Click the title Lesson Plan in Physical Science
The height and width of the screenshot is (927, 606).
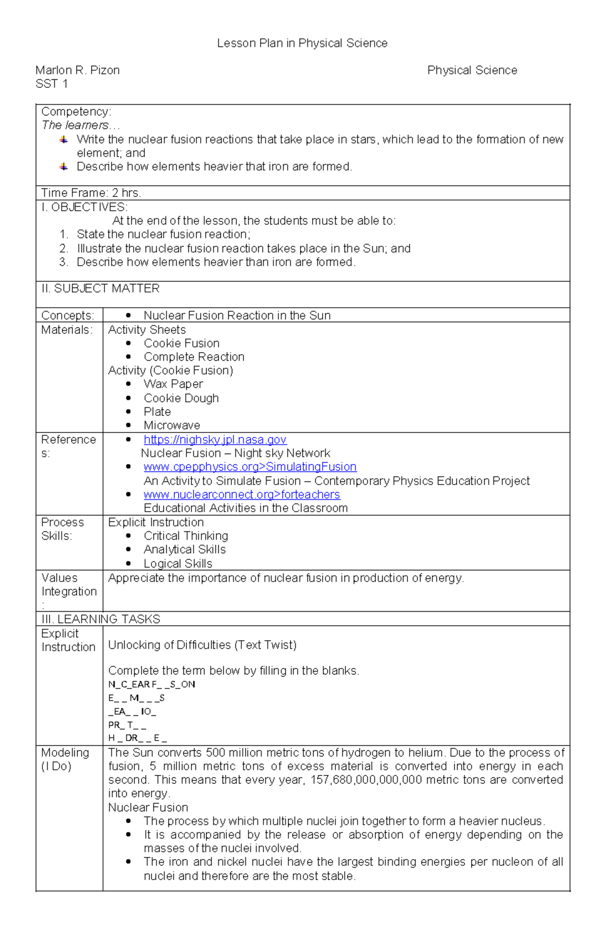click(x=302, y=43)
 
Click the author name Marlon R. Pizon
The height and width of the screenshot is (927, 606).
click(x=77, y=70)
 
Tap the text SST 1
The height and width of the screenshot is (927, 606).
click(x=52, y=84)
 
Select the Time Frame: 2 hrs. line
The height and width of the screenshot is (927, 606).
click(x=91, y=193)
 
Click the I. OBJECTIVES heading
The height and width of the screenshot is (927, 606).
click(x=84, y=207)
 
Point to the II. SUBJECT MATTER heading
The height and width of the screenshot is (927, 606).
click(x=100, y=288)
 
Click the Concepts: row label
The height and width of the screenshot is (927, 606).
click(x=68, y=315)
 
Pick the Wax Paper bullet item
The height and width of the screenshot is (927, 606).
click(x=173, y=384)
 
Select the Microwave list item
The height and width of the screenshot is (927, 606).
click(x=172, y=425)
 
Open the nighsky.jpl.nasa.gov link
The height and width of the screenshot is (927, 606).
click(x=215, y=440)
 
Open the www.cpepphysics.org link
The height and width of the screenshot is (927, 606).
click(x=250, y=467)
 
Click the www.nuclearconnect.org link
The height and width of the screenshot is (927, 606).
click(x=241, y=495)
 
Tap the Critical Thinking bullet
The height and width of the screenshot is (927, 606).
click(x=185, y=535)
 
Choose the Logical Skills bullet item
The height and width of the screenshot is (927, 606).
click(x=178, y=563)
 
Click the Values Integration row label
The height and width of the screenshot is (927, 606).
click(x=69, y=584)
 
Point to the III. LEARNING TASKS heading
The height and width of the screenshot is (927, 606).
click(x=100, y=619)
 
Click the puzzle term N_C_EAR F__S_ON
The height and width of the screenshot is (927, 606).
click(x=151, y=685)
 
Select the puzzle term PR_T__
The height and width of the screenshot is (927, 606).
click(x=127, y=725)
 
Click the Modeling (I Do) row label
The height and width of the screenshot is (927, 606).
click(x=65, y=759)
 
